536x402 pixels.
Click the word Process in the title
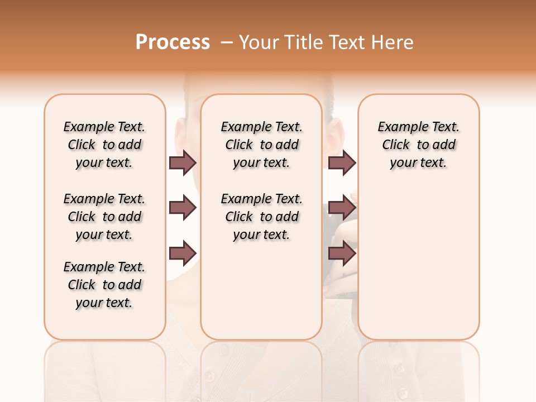coord(173,42)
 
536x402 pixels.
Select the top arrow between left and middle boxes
coord(183,162)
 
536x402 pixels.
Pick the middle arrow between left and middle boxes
coord(183,208)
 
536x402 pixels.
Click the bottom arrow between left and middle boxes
coord(183,253)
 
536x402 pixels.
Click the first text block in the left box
coord(104,145)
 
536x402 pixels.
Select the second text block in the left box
coord(104,217)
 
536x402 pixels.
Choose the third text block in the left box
coord(104,285)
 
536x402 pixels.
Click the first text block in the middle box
coord(261,145)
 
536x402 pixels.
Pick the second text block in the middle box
coord(261,217)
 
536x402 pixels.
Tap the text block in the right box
coord(419,145)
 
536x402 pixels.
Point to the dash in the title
coord(227,42)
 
